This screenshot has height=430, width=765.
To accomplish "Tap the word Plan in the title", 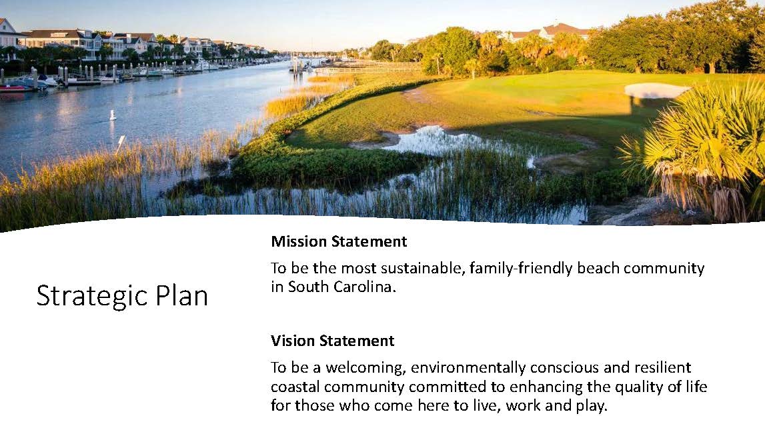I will click(181, 296).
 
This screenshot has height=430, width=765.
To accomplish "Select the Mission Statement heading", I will click(339, 241).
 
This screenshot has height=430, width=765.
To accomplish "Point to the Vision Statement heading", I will click(332, 341).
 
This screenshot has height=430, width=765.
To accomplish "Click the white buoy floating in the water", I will click(113, 115).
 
